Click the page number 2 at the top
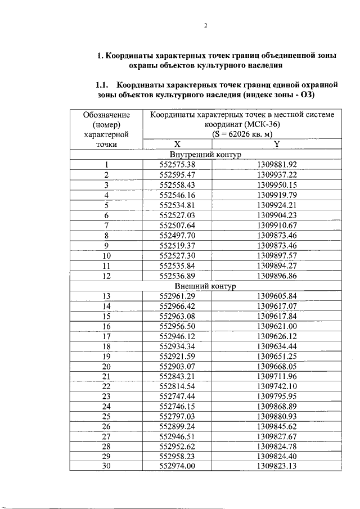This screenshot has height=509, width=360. point(206,25)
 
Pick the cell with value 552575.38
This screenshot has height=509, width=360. point(177,164)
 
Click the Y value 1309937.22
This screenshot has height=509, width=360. point(276,175)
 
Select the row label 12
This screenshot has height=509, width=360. point(106,276)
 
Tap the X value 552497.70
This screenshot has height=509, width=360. point(177,236)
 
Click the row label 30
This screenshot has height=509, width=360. point(106,467)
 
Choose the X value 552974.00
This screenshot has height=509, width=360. point(177,467)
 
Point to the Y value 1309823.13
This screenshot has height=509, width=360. point(276,467)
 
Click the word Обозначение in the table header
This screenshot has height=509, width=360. point(106,114)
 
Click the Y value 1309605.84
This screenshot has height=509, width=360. point(276,296)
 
